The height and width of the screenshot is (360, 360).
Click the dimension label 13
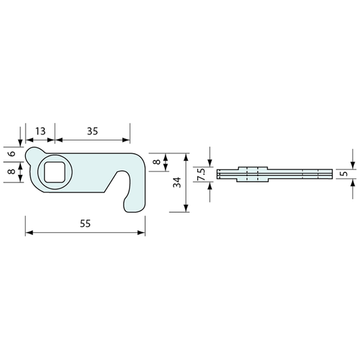click(x=40, y=131)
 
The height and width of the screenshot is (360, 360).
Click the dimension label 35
click(x=93, y=131)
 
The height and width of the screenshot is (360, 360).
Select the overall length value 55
click(x=85, y=224)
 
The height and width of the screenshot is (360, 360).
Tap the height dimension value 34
click(x=177, y=182)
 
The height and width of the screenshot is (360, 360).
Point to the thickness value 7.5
click(x=201, y=174)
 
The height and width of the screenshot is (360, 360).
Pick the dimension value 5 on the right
click(x=345, y=174)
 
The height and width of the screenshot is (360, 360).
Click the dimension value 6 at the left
click(x=11, y=153)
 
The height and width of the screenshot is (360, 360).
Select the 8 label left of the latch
click(x=11, y=172)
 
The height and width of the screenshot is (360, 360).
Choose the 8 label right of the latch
click(x=156, y=161)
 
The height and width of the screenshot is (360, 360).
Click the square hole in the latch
click(x=55, y=172)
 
